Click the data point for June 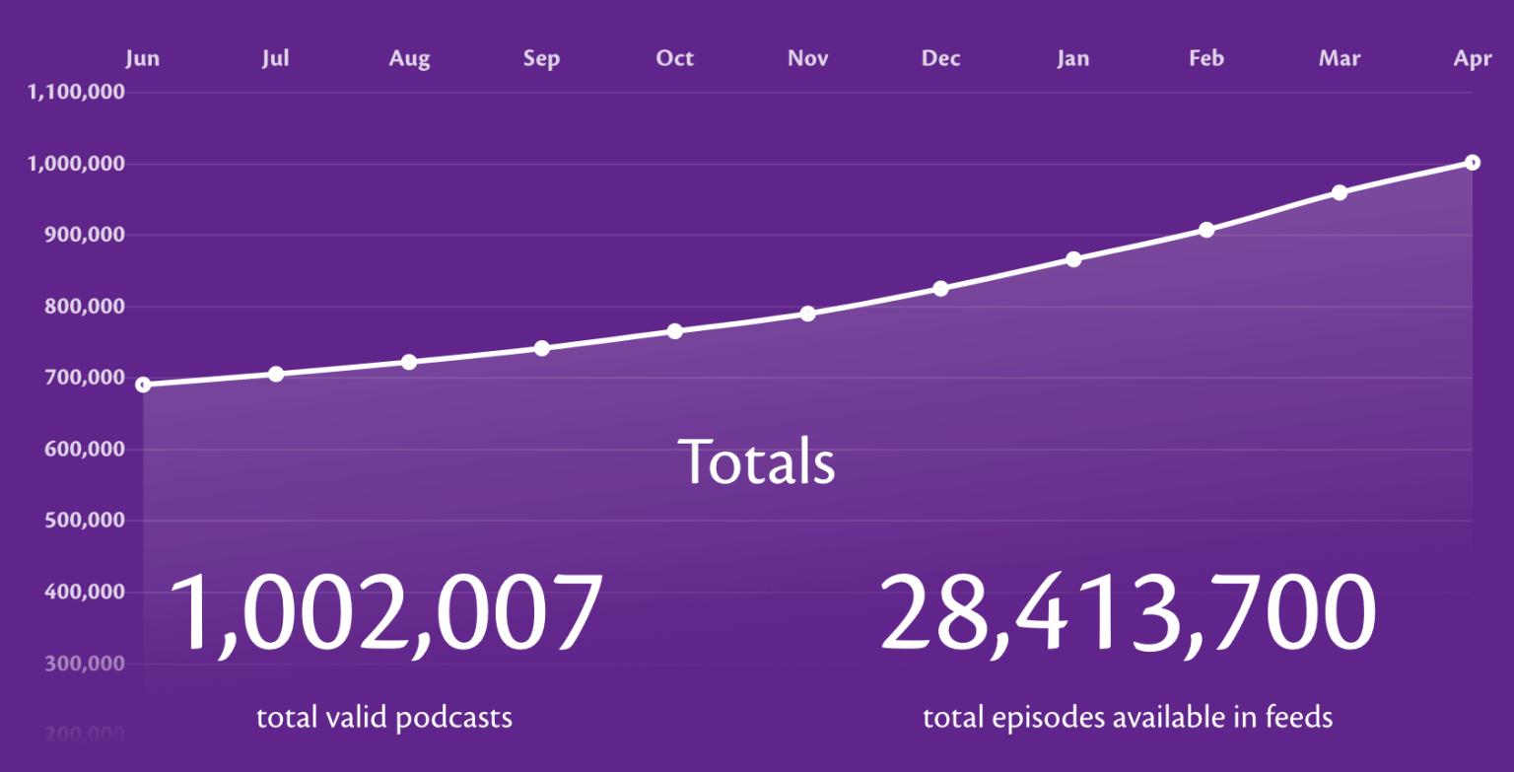click(143, 385)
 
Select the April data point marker click(1472, 163)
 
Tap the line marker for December click(940, 289)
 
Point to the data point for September click(541, 348)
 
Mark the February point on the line click(1206, 230)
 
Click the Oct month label click(674, 58)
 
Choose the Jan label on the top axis click(1072, 58)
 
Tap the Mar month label click(1339, 58)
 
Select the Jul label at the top click(275, 58)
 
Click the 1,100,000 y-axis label click(76, 93)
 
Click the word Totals click(756, 460)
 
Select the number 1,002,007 click(386, 613)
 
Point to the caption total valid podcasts click(384, 717)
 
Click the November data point click(807, 314)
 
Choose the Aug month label click(409, 58)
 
